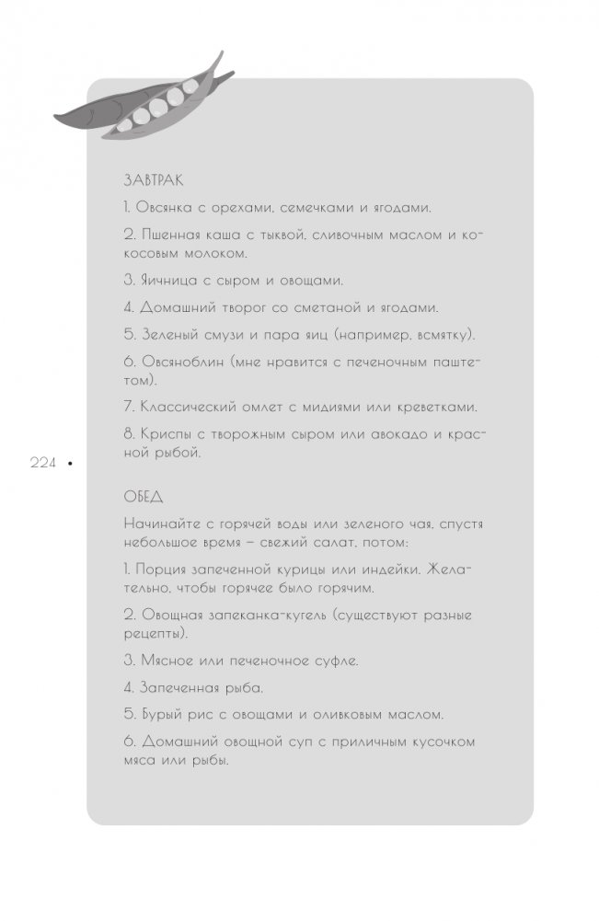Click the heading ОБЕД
(143, 497)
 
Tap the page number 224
(45, 465)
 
